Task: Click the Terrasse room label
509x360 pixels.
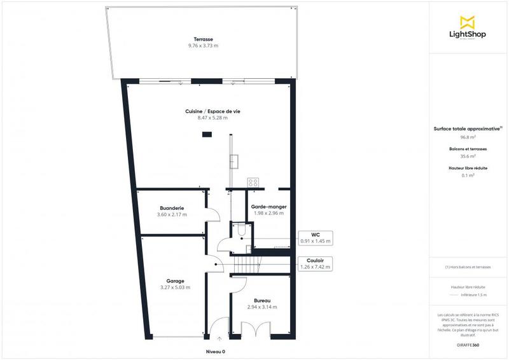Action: (x=204, y=39)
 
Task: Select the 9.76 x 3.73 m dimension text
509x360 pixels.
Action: (x=204, y=46)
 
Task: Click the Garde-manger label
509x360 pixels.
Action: (x=268, y=207)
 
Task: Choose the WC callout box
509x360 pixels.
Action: (x=315, y=239)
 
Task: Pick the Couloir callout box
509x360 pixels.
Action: (x=315, y=263)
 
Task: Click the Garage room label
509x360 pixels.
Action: (x=175, y=280)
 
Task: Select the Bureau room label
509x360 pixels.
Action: (x=262, y=300)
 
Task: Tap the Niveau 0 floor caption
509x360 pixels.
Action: (x=216, y=352)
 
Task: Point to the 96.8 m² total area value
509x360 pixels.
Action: (x=468, y=137)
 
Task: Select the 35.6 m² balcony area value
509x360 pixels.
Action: (x=468, y=156)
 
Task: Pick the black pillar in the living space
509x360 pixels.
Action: (x=206, y=134)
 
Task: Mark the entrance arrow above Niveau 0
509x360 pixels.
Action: (x=220, y=338)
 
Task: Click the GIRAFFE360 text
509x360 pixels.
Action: (x=468, y=343)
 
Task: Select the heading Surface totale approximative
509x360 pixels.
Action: (x=468, y=128)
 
